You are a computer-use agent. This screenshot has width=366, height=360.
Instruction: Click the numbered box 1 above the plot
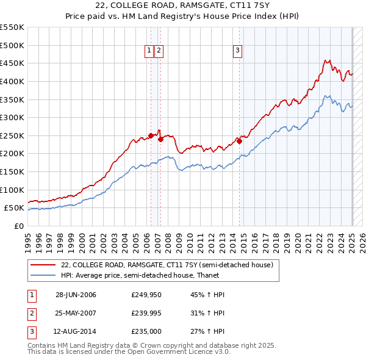[149, 51]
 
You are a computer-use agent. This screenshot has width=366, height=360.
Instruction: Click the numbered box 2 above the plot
[159, 51]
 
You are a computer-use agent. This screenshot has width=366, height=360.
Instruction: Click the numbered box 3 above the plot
[237, 51]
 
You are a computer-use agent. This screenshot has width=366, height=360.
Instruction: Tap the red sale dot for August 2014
[240, 141]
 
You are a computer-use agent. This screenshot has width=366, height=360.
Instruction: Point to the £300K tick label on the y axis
[12, 117]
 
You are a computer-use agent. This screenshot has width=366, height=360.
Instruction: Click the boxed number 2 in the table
[30, 313]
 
